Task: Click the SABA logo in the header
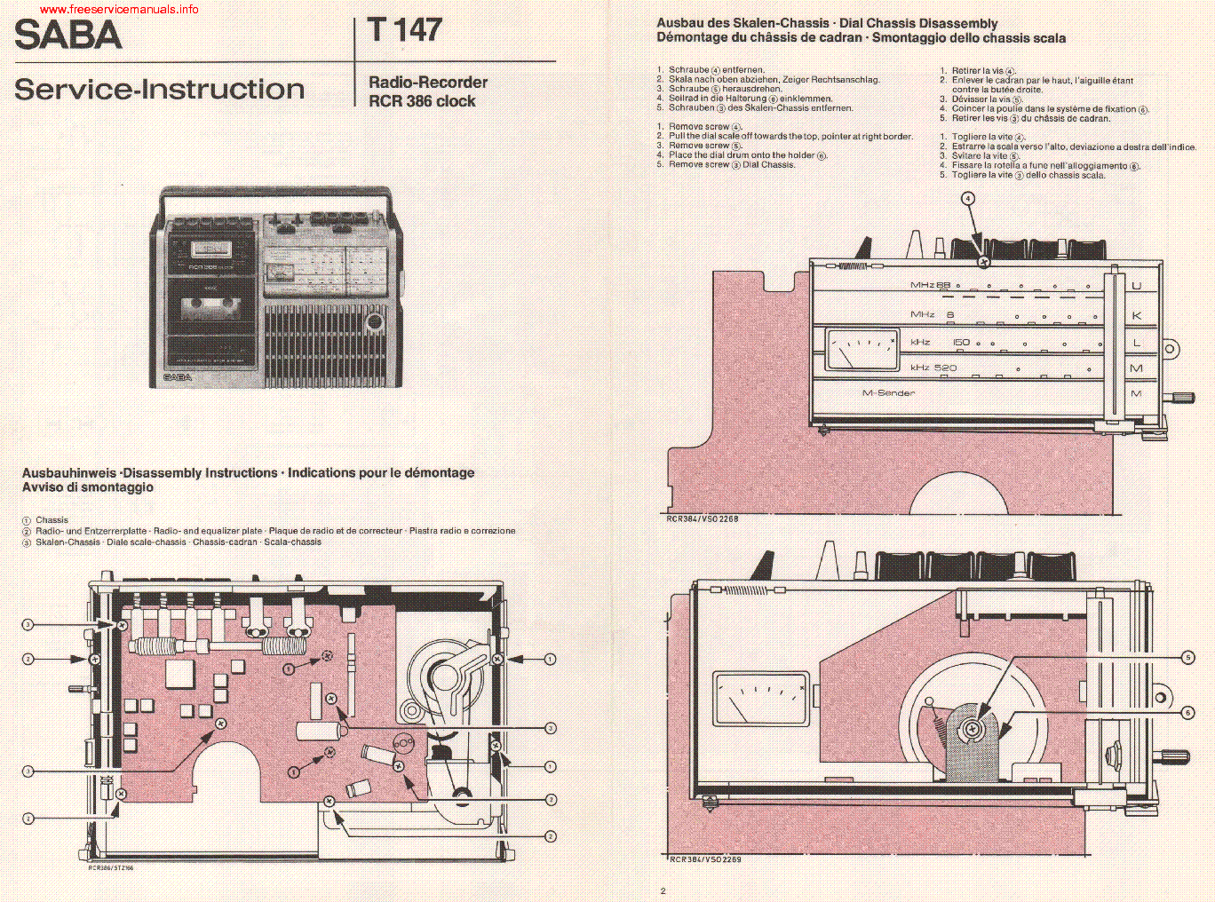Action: click(68, 36)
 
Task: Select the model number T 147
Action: click(405, 30)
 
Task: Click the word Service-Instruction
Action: click(160, 90)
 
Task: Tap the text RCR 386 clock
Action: click(422, 101)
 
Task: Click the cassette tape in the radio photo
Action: click(210, 308)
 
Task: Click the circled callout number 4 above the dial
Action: click(968, 199)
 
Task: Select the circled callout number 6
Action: click(1187, 713)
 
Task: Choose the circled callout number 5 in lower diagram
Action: click(1187, 658)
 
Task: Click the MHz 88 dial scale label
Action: click(930, 286)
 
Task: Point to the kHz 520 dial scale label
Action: click(933, 368)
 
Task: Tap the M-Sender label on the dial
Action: click(888, 392)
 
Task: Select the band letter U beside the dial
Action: click(1136, 286)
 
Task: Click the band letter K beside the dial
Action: click(1136, 315)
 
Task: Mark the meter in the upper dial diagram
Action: click(862, 349)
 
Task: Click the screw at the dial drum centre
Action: click(973, 729)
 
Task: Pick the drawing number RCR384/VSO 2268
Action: click(702, 518)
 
